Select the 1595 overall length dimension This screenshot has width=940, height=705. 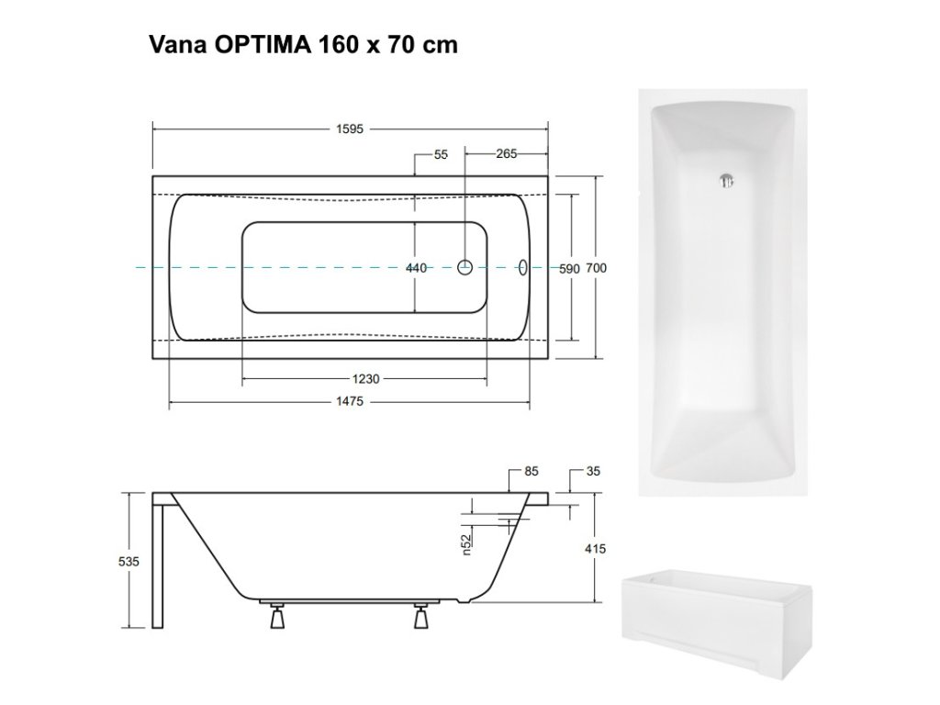(350, 129)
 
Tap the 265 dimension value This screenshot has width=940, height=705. (506, 153)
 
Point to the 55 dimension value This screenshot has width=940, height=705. (441, 154)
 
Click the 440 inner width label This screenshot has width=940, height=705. (416, 268)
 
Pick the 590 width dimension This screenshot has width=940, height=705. (569, 269)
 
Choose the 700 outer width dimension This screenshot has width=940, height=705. (596, 268)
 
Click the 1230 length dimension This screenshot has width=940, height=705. (365, 379)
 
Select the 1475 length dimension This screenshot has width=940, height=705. (350, 401)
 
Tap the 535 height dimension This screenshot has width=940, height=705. (129, 561)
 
